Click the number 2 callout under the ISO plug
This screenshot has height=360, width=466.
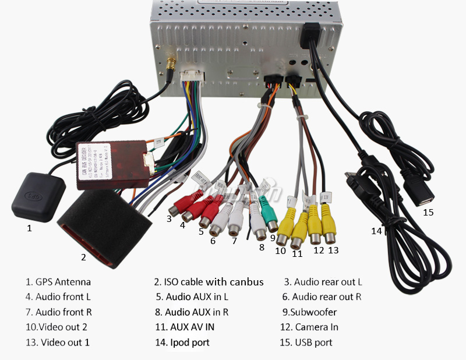click(83, 257)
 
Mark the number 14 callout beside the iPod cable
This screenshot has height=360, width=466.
click(377, 231)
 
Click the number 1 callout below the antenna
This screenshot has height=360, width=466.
click(29, 228)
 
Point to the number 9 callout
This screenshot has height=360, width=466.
click(272, 237)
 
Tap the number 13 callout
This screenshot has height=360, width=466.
click(333, 250)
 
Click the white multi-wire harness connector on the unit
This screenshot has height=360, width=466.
click(191, 76)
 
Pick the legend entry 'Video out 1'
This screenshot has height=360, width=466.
click(65, 342)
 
